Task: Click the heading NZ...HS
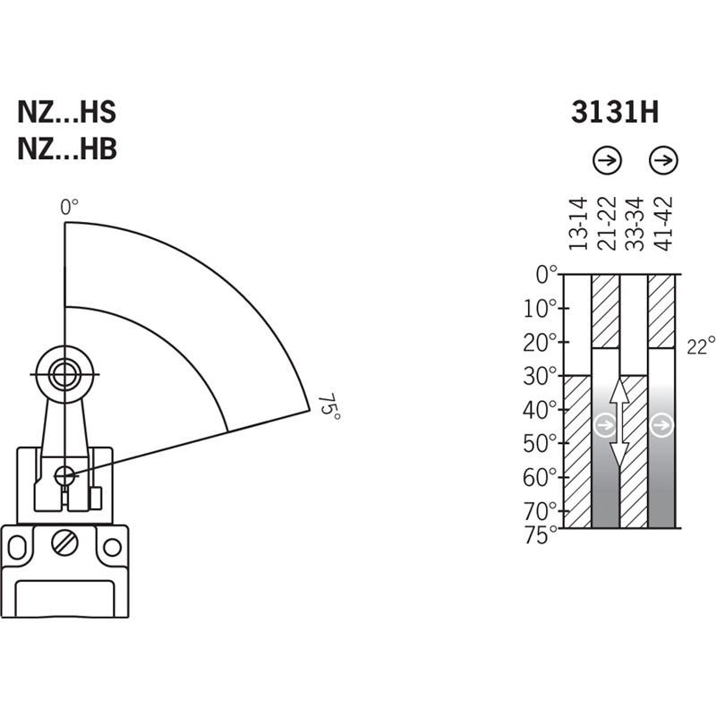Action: [66, 112]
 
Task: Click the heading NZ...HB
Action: [67, 149]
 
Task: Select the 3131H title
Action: [615, 112]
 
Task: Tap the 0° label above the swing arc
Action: [70, 207]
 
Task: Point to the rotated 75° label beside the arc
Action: [329, 406]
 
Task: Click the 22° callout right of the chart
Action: [701, 345]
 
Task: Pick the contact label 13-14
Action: [577, 223]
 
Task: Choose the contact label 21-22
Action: [607, 223]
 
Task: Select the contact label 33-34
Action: [635, 223]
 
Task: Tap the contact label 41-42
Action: [663, 223]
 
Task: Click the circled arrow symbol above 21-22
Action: [608, 160]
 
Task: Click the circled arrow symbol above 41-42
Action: [663, 160]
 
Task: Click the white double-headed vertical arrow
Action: [619, 422]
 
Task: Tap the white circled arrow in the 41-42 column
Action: [661, 425]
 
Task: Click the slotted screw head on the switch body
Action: [64, 543]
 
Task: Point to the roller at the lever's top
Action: [64, 374]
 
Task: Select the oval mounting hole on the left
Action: [17, 547]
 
